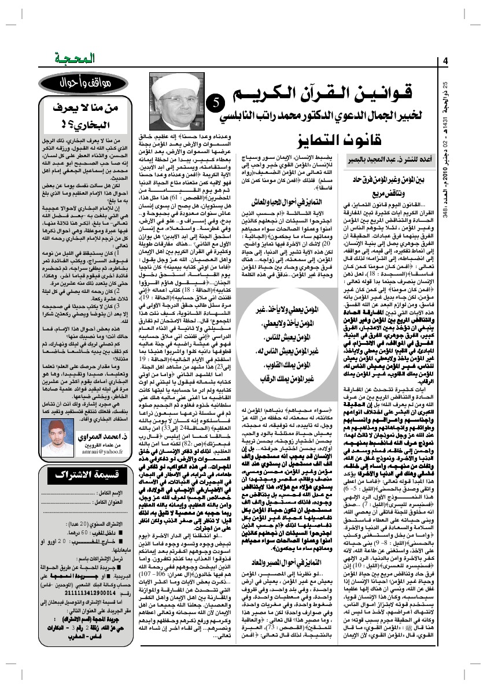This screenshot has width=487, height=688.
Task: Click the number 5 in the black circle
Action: pyautogui.click(x=213, y=102)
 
